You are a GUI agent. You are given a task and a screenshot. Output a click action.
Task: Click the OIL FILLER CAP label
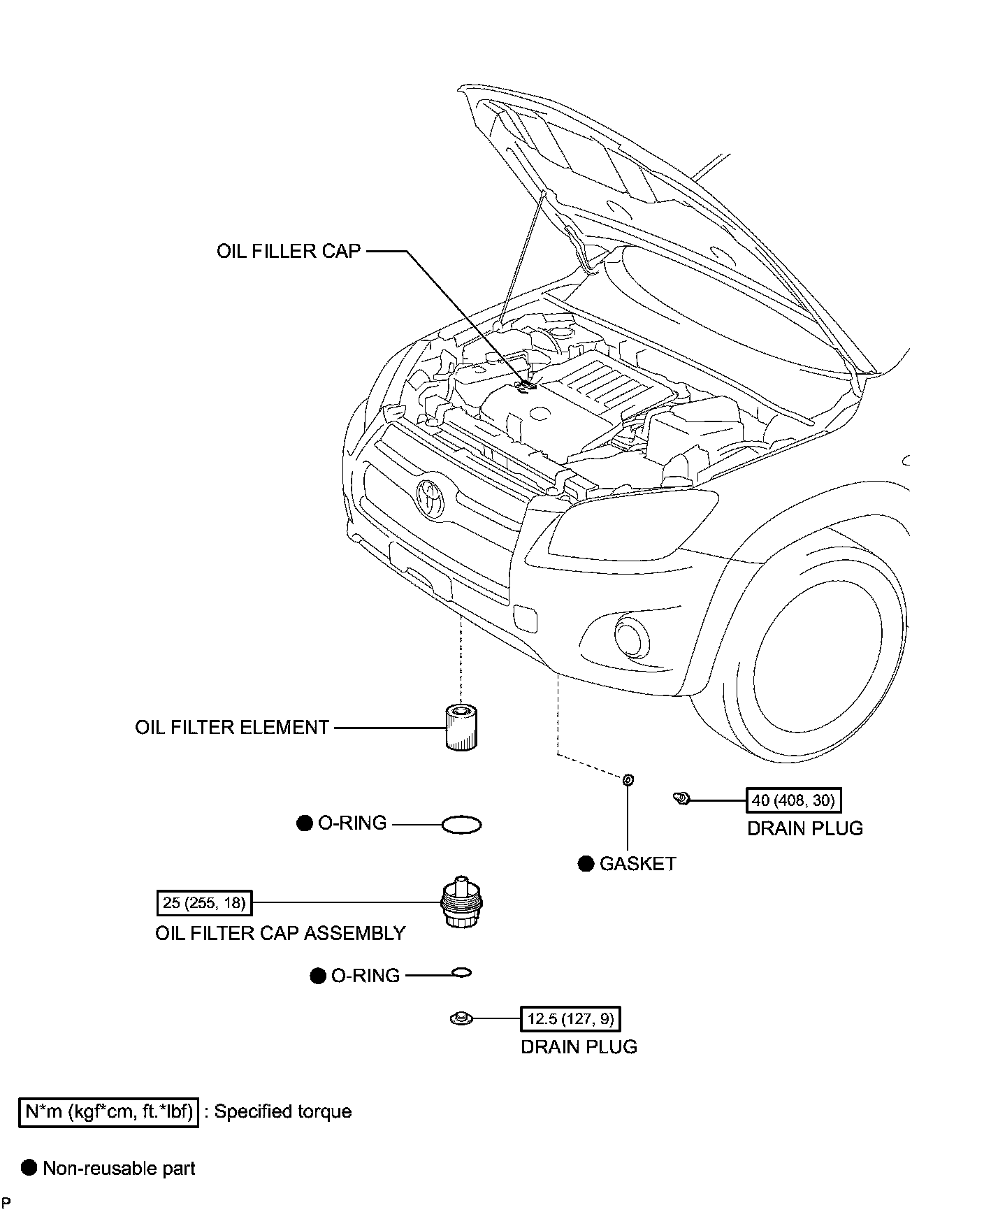[288, 251]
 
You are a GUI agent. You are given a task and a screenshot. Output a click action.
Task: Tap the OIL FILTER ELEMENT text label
[232, 728]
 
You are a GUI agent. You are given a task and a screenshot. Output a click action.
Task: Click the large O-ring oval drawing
[462, 825]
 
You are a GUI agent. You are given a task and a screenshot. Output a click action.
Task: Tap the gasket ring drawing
[628, 779]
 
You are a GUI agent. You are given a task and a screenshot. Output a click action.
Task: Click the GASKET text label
[638, 864]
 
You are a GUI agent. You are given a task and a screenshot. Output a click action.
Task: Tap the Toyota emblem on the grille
[430, 497]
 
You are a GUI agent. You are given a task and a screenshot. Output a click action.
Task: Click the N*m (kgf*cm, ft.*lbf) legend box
[108, 1111]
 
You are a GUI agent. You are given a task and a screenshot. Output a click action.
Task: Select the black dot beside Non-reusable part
[29, 1168]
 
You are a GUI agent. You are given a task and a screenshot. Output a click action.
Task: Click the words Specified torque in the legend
[282, 1111]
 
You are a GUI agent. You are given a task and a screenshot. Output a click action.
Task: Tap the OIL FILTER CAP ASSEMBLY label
[280, 933]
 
